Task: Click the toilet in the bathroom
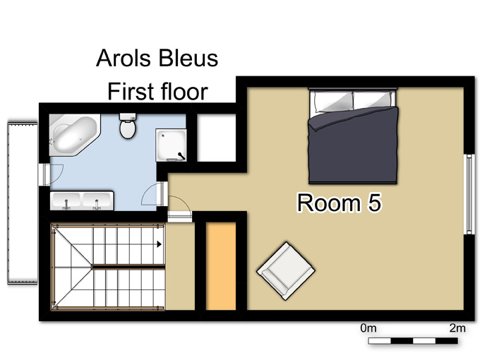pyautogui.click(x=128, y=126)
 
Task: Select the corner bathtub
pyautogui.click(x=74, y=135)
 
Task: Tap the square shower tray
pyautogui.click(x=171, y=145)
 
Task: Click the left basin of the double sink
pyautogui.click(x=66, y=200)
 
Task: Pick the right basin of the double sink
pyautogui.click(x=97, y=200)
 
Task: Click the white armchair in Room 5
pyautogui.click(x=286, y=271)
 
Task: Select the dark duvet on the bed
pyautogui.click(x=353, y=145)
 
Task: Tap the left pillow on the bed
pyautogui.click(x=332, y=101)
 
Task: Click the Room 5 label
pyautogui.click(x=340, y=203)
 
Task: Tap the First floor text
pyautogui.click(x=157, y=91)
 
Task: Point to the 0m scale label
pyautogui.click(x=368, y=328)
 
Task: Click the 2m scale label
pyautogui.click(x=457, y=328)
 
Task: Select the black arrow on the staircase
pyautogui.click(x=160, y=244)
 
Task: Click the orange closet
pyautogui.click(x=221, y=266)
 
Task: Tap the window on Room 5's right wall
pyautogui.click(x=469, y=194)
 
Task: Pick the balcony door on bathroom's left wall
pyautogui.click(x=46, y=174)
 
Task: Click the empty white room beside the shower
pyautogui.click(x=217, y=138)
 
